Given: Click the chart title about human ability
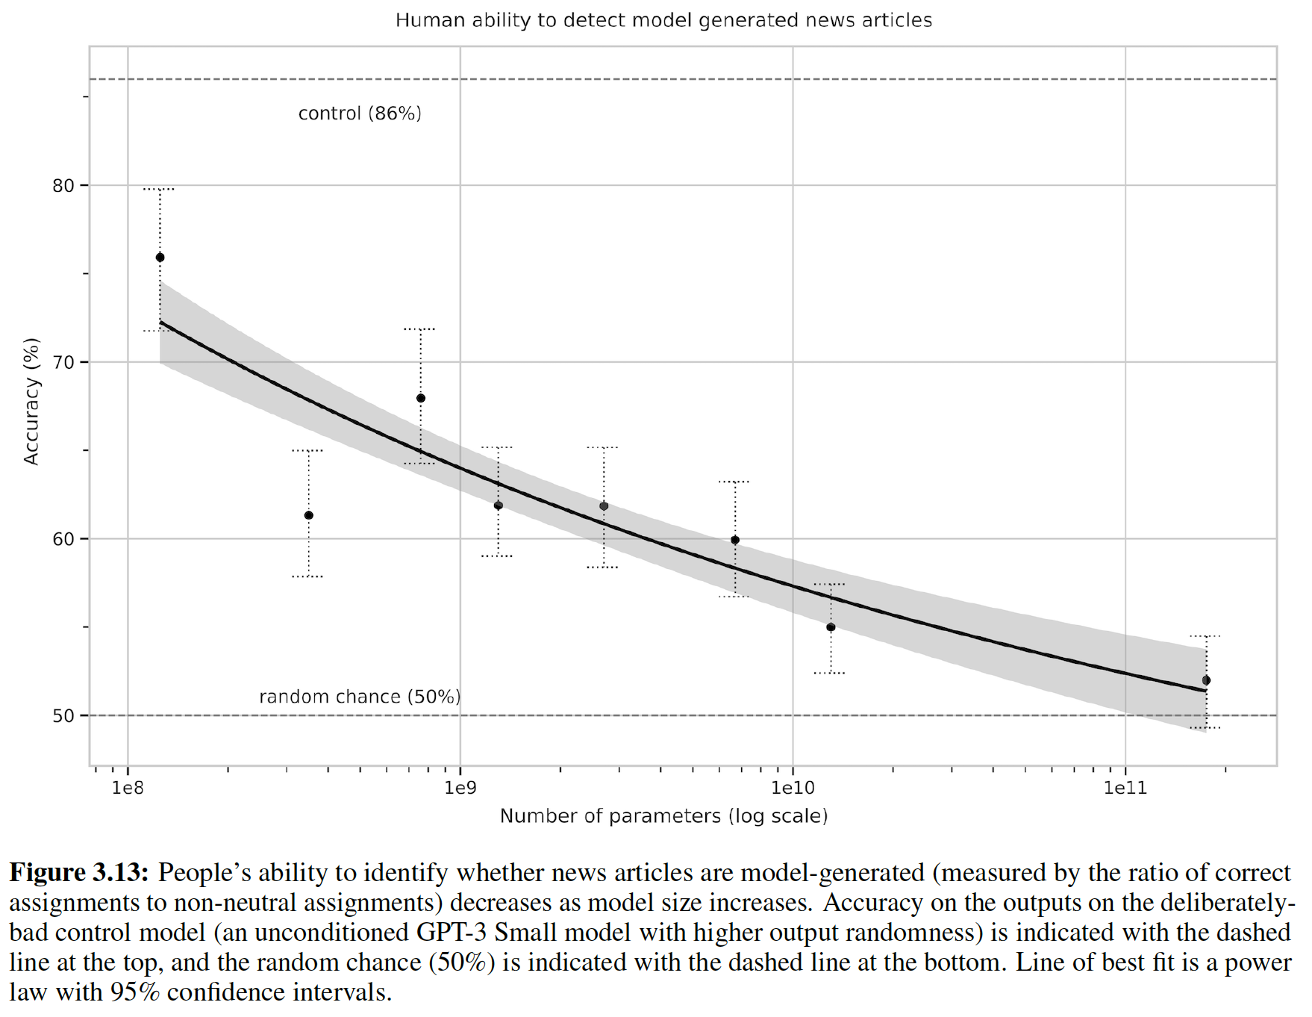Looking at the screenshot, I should coord(663,20).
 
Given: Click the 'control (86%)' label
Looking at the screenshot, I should coord(360,113).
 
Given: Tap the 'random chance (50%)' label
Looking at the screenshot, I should coord(360,697).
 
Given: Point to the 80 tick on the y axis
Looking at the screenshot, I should coord(63,186).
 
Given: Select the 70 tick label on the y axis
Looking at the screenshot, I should coord(63,363).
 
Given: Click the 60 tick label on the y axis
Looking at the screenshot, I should coord(63,539).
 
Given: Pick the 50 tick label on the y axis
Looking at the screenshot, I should coord(63,716).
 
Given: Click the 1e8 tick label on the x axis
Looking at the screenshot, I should coord(128,788).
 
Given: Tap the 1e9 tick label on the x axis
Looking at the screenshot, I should coord(460,788).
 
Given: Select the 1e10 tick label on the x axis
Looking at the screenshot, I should coord(793,788).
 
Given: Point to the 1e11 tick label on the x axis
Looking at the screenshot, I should coord(1125,788).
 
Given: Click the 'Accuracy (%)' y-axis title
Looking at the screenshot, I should coord(31,402).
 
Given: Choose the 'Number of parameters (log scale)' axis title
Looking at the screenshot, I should coord(663,816).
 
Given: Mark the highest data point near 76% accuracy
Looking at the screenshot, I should coord(160,258).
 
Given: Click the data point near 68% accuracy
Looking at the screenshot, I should coord(421,398).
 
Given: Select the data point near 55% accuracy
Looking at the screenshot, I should coord(831,627).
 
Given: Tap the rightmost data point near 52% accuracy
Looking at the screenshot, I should coord(1206,680).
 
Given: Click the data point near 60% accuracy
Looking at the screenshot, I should coord(735,540).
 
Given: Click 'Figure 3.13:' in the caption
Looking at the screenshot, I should coord(79,873).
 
